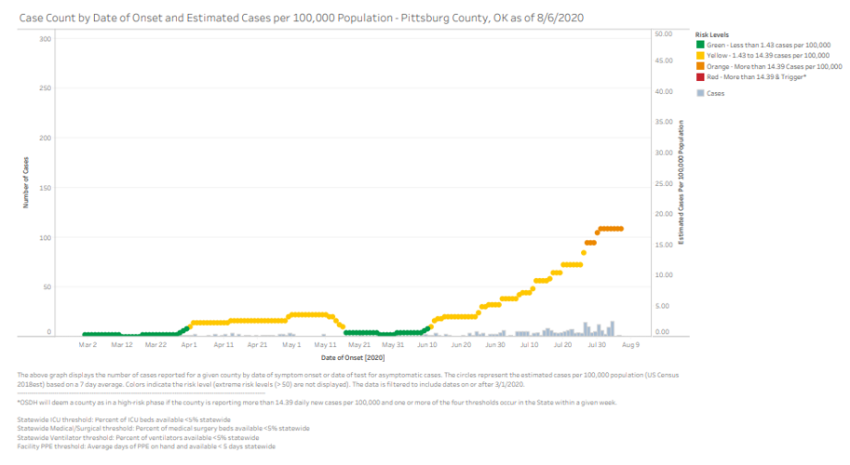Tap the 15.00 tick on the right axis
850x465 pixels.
(x=664, y=245)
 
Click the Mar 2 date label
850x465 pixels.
(x=88, y=345)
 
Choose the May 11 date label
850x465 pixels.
(x=326, y=345)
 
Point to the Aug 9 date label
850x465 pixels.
(x=630, y=345)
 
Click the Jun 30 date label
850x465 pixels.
(x=494, y=345)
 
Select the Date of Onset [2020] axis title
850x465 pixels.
(x=353, y=357)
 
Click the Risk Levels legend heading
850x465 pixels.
(x=712, y=33)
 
